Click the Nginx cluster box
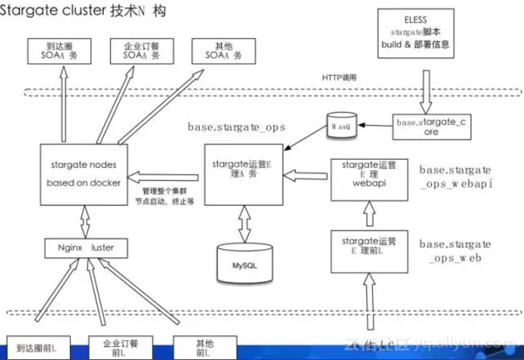pyautogui.click(x=84, y=248)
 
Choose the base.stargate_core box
pyautogui.click(x=430, y=126)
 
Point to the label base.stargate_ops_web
pyautogui.click(x=455, y=250)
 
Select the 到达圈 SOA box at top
pyautogui.click(x=58, y=50)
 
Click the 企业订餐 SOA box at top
pyautogui.click(x=141, y=50)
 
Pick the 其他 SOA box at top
pyautogui.click(x=220, y=50)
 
